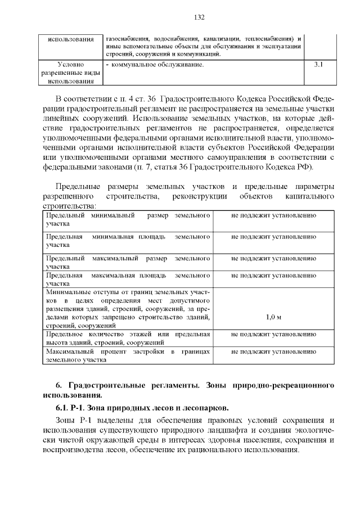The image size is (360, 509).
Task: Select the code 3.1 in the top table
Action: click(318, 65)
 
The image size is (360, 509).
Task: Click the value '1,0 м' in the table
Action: click(273, 317)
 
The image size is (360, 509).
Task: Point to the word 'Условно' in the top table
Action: click(70, 65)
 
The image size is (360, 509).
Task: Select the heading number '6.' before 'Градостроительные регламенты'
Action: click(58, 385)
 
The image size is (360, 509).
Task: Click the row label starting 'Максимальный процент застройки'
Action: click(128, 355)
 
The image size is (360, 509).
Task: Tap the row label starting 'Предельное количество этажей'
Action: click(128, 338)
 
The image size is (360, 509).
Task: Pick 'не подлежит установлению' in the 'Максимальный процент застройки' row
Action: click(273, 352)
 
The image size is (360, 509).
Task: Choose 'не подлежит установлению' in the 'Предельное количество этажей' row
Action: click(273, 334)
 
